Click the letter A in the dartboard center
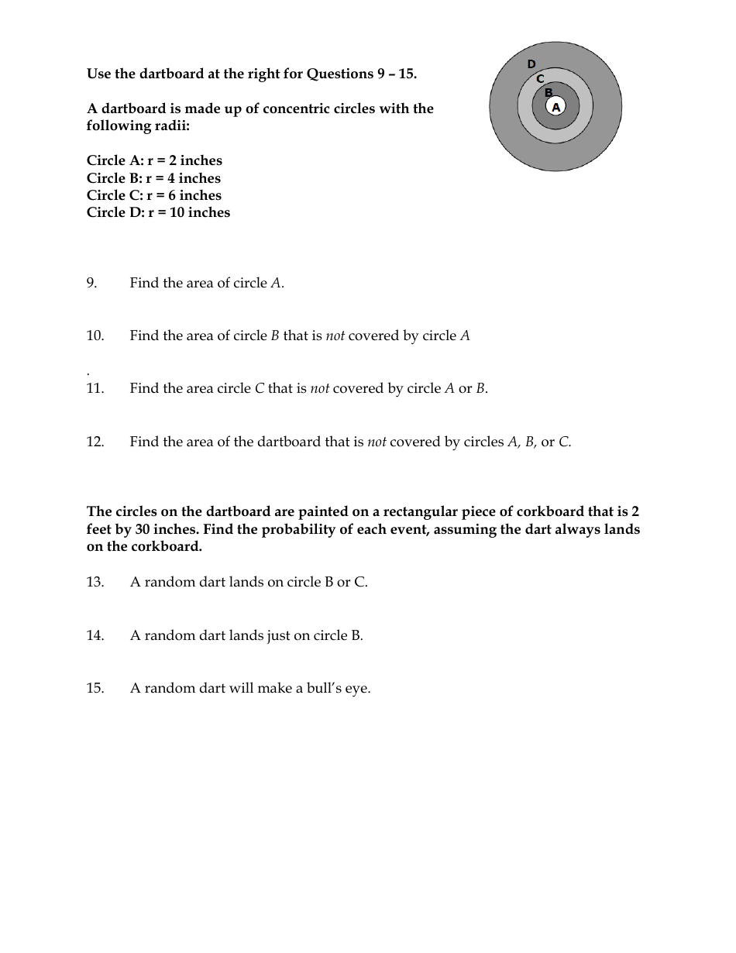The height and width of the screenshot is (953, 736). click(555, 108)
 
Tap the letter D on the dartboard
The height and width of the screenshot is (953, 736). click(531, 64)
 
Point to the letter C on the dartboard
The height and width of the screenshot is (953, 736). click(541, 78)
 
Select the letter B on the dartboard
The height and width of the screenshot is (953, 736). click(549, 93)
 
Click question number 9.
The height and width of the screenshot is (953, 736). click(92, 284)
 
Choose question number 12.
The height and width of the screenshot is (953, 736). click(95, 442)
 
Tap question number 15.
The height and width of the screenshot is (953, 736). click(95, 689)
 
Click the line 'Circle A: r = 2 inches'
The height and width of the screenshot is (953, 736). click(154, 161)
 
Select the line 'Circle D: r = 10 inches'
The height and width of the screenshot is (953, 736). click(158, 213)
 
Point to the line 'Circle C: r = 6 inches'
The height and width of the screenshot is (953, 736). click(154, 196)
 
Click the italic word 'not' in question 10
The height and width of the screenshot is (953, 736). click(335, 336)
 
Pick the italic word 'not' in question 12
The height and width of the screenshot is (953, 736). click(377, 442)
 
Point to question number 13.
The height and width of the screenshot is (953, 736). click(95, 583)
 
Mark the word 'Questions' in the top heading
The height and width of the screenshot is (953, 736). click(339, 74)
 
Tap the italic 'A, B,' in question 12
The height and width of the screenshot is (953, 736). click(522, 442)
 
